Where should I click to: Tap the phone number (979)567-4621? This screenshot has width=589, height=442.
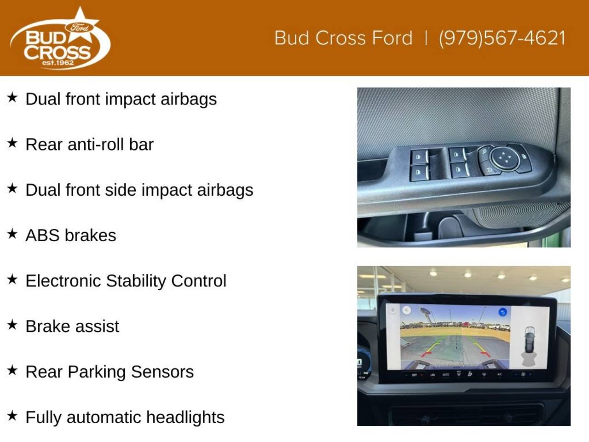click(502, 38)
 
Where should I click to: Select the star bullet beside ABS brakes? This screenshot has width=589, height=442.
click(12, 234)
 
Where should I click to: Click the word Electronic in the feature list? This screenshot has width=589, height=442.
click(64, 281)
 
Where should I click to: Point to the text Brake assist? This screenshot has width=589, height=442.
click(72, 326)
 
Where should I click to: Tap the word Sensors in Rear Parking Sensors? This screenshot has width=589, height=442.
click(162, 372)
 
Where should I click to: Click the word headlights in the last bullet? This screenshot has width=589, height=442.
click(185, 417)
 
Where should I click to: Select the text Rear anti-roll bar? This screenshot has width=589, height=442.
click(89, 145)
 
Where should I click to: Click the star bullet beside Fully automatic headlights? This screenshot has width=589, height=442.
click(12, 416)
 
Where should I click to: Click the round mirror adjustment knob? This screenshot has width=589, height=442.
click(504, 158)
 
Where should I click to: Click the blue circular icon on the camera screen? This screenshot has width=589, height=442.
click(502, 312)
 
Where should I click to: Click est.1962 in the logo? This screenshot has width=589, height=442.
click(58, 63)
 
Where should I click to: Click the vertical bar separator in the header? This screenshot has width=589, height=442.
click(426, 38)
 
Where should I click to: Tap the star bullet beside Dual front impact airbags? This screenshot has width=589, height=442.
click(12, 97)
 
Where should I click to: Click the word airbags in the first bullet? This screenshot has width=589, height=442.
click(189, 99)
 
